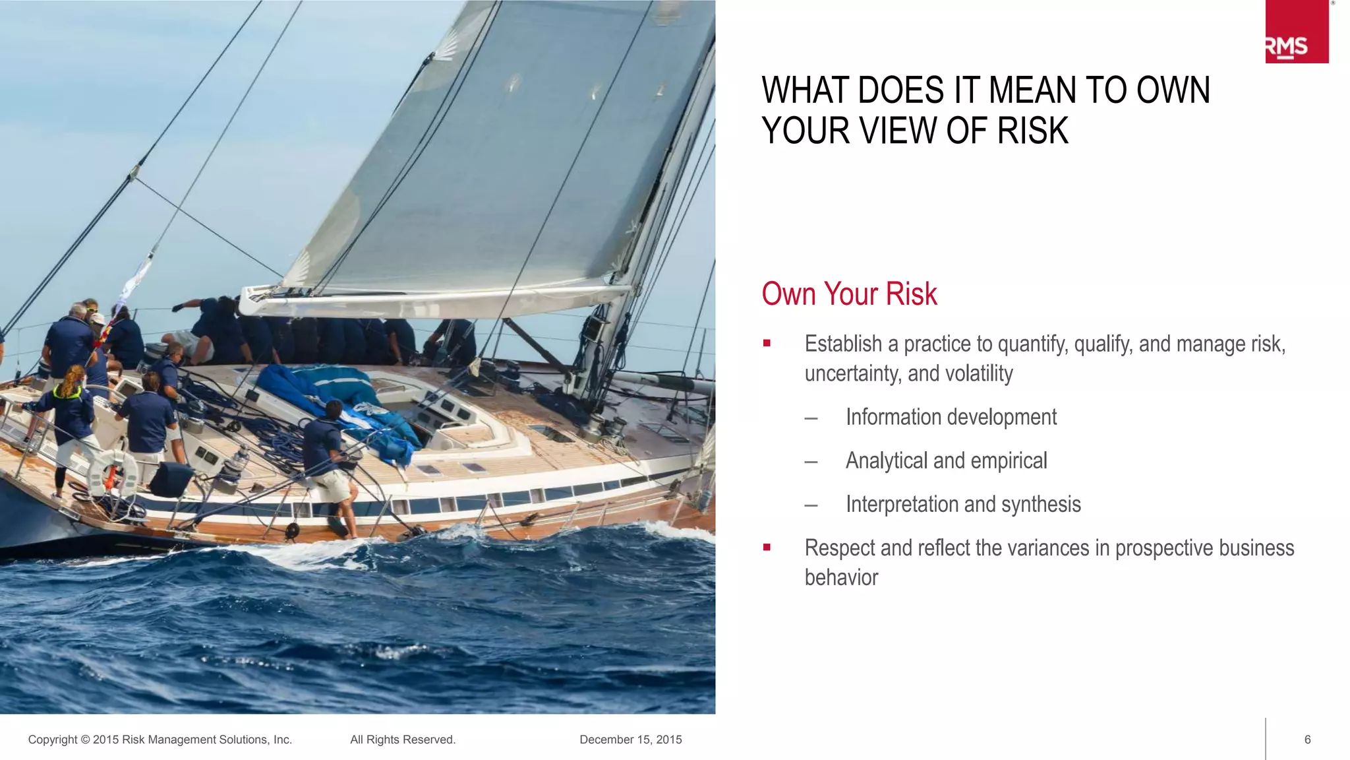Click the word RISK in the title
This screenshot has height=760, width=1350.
1032,131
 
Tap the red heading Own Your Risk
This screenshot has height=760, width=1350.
849,294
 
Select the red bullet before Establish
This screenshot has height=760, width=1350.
767,343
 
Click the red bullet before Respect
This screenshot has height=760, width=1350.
767,547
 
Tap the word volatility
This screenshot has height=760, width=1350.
979,373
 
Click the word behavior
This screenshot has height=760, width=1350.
841,577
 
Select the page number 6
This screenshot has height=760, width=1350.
1308,740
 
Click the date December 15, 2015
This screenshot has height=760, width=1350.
631,740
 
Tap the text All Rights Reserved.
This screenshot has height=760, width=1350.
403,740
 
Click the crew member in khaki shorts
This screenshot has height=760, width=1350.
330,468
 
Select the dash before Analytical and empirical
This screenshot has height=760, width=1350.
811,461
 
